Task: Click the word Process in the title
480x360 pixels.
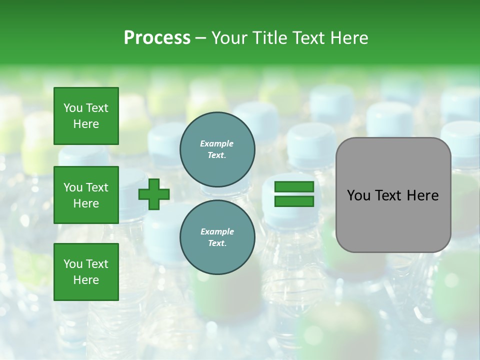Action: pyautogui.click(x=157, y=38)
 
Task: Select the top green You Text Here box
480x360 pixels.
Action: pyautogui.click(x=86, y=116)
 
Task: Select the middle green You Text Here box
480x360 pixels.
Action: pyautogui.click(x=86, y=195)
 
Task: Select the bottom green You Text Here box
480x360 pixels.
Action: pyautogui.click(x=86, y=272)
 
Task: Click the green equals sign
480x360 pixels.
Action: pyautogui.click(x=294, y=194)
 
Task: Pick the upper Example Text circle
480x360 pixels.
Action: pyautogui.click(x=217, y=149)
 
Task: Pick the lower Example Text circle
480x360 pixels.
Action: pyautogui.click(x=217, y=237)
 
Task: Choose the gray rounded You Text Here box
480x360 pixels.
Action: pyautogui.click(x=393, y=195)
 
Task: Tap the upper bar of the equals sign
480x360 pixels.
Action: pyautogui.click(x=294, y=187)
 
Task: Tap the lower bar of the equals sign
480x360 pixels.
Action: pyautogui.click(x=294, y=201)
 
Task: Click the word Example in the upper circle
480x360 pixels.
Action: pyautogui.click(x=217, y=143)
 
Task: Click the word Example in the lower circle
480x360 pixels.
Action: pyautogui.click(x=217, y=231)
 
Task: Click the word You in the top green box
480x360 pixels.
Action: pyautogui.click(x=73, y=108)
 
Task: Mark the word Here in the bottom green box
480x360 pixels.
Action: pyautogui.click(x=86, y=280)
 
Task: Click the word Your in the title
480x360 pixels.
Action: pyautogui.click(x=229, y=38)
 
